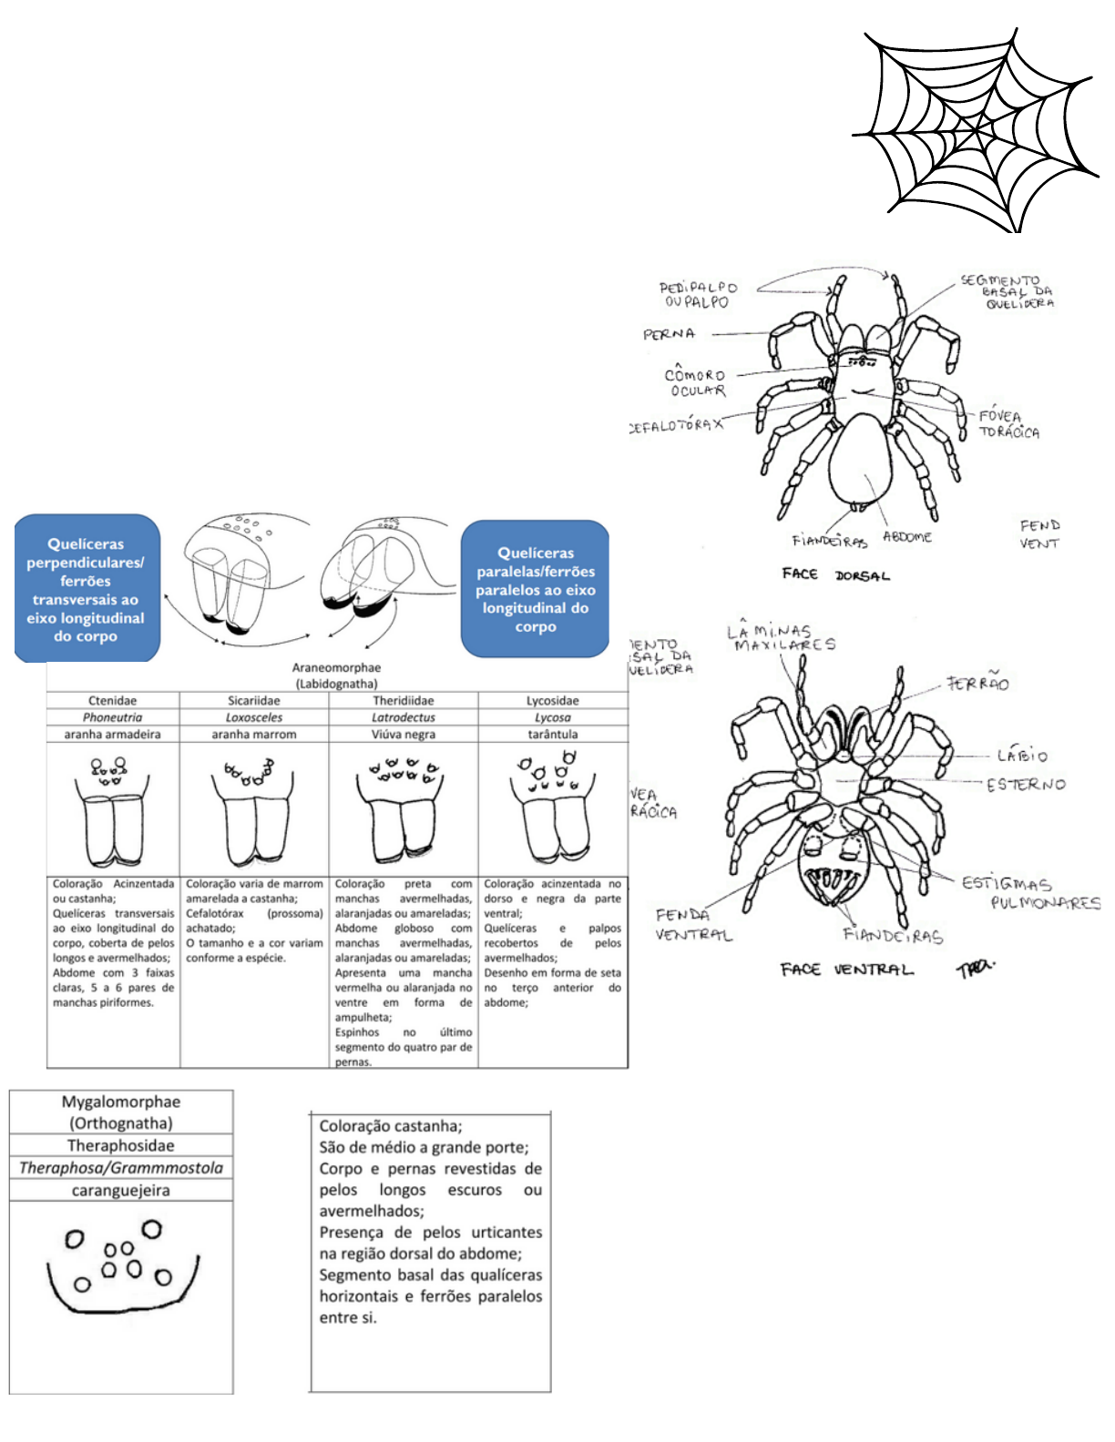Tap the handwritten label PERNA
coord(669,334)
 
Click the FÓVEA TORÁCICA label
coord(1008,424)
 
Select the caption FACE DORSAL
coord(835,574)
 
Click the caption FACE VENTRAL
coord(846,970)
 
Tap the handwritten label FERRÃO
coord(977,683)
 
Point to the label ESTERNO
coord(1026,784)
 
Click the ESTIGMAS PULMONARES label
coord(1030,892)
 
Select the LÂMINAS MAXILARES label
coord(782,637)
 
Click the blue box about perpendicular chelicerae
coord(87,589)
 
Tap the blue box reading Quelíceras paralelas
coord(535,589)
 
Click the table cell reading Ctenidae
coord(113,701)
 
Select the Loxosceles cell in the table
coord(254,717)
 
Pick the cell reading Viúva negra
coord(403,734)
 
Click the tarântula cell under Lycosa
coord(552,734)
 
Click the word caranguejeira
coord(120,1191)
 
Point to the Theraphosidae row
coord(120,1146)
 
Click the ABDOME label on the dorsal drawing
coord(907,537)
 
